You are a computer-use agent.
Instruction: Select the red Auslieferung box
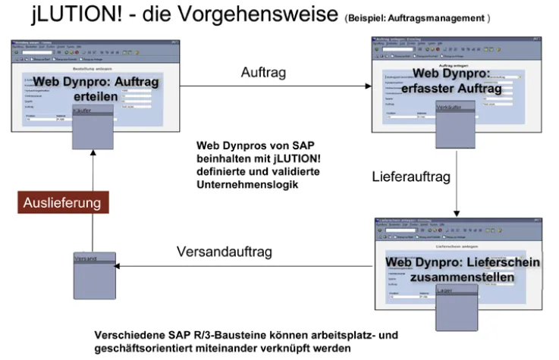pyautogui.click(x=64, y=203)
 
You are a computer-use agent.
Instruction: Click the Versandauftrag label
pyautogui.click(x=224, y=252)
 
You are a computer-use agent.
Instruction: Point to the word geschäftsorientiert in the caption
pyautogui.click(x=149, y=348)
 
